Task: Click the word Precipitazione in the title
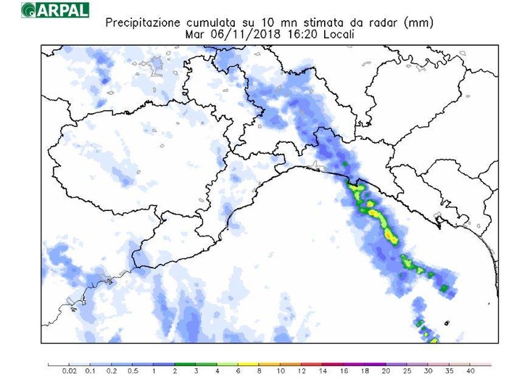point(141,22)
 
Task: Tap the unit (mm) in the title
point(418,22)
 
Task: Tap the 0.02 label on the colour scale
point(69,371)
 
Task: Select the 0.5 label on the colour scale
point(133,371)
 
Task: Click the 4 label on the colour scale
point(218,371)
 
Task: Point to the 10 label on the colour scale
point(280,371)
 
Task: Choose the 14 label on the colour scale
point(322,371)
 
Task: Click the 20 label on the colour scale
point(385,371)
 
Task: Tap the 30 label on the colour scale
point(427,371)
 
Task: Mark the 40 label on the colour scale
point(470,371)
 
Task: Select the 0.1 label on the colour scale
point(91,371)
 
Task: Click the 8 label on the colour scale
point(259,371)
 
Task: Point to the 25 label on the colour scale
point(406,371)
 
